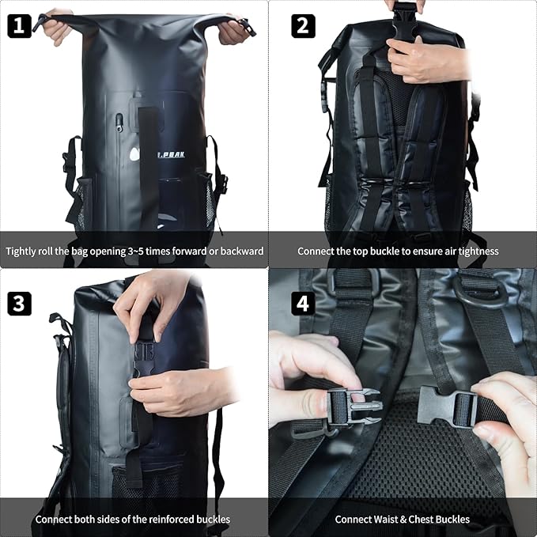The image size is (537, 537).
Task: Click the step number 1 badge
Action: click(19, 26)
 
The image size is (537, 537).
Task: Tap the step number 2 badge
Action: click(303, 26)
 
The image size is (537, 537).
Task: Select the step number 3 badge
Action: click(19, 304)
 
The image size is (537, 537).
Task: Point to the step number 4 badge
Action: click(303, 304)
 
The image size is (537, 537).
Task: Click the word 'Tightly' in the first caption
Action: click(21, 251)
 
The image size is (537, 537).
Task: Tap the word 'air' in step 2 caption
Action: click(450, 251)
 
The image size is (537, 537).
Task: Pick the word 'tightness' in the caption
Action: click(478, 251)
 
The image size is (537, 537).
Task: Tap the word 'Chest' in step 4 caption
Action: click(422, 519)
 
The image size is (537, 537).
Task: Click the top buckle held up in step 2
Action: click(405, 20)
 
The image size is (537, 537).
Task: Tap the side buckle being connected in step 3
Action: click(144, 359)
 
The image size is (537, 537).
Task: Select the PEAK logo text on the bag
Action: click(172, 155)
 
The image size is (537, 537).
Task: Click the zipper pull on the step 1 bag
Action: click(119, 123)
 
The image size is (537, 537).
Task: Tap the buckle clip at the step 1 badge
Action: click(40, 22)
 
